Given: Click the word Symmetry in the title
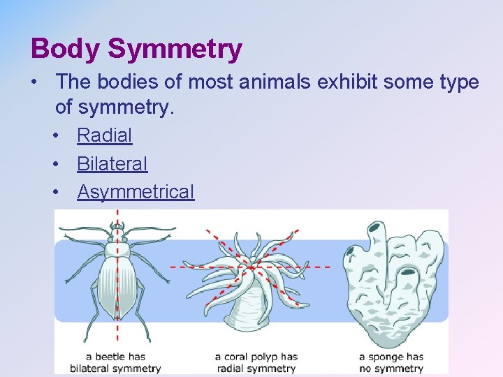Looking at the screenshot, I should point(175,49).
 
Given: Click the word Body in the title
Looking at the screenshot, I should point(66,49).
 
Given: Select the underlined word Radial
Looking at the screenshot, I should point(104,135).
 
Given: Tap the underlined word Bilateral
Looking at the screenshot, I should point(112,164).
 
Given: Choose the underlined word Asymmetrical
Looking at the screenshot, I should point(136,192).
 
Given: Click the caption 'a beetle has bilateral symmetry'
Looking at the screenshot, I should point(116,362).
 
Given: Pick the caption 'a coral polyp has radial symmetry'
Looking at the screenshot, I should point(256,362).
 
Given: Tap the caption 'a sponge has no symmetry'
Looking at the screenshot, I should point(391,362).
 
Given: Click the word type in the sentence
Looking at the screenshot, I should point(457,82).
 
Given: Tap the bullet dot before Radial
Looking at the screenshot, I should point(56,135).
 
